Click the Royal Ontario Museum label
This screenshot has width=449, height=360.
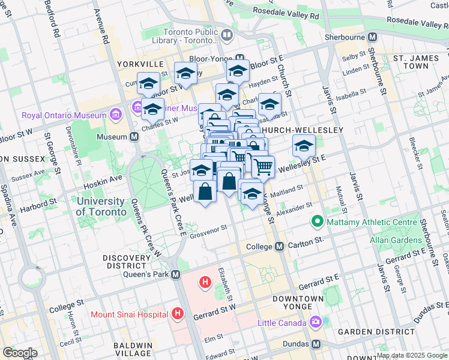[62, 115]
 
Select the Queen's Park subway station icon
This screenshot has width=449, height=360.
[175, 274]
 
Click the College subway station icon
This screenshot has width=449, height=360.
[279, 247]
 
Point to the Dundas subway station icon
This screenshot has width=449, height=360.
[316, 344]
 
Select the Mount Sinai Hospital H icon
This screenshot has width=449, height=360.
[177, 313]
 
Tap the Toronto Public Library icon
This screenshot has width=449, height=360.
[227, 35]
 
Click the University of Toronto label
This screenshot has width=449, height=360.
[101, 206]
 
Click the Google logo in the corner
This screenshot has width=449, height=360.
[20, 352]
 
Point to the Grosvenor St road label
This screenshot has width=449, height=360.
[208, 229]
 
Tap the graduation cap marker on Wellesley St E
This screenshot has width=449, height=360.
[304, 145]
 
